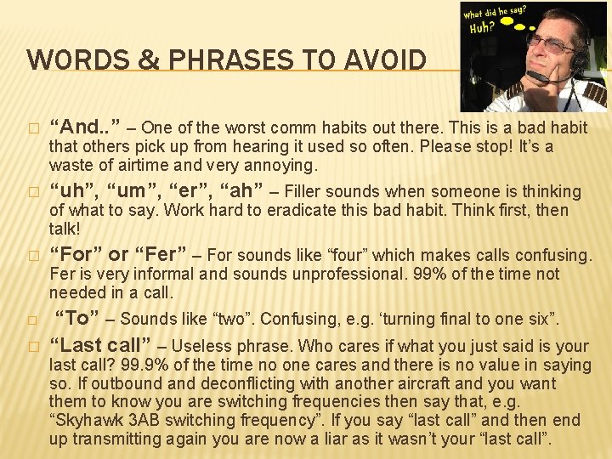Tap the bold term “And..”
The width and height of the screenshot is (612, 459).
(84, 127)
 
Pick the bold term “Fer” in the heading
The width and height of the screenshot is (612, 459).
(158, 254)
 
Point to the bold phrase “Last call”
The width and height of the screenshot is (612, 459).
(100, 345)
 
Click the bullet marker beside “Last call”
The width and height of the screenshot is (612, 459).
(33, 346)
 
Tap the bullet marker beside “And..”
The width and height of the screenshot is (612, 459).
(33, 128)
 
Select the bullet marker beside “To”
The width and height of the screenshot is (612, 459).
(33, 320)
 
